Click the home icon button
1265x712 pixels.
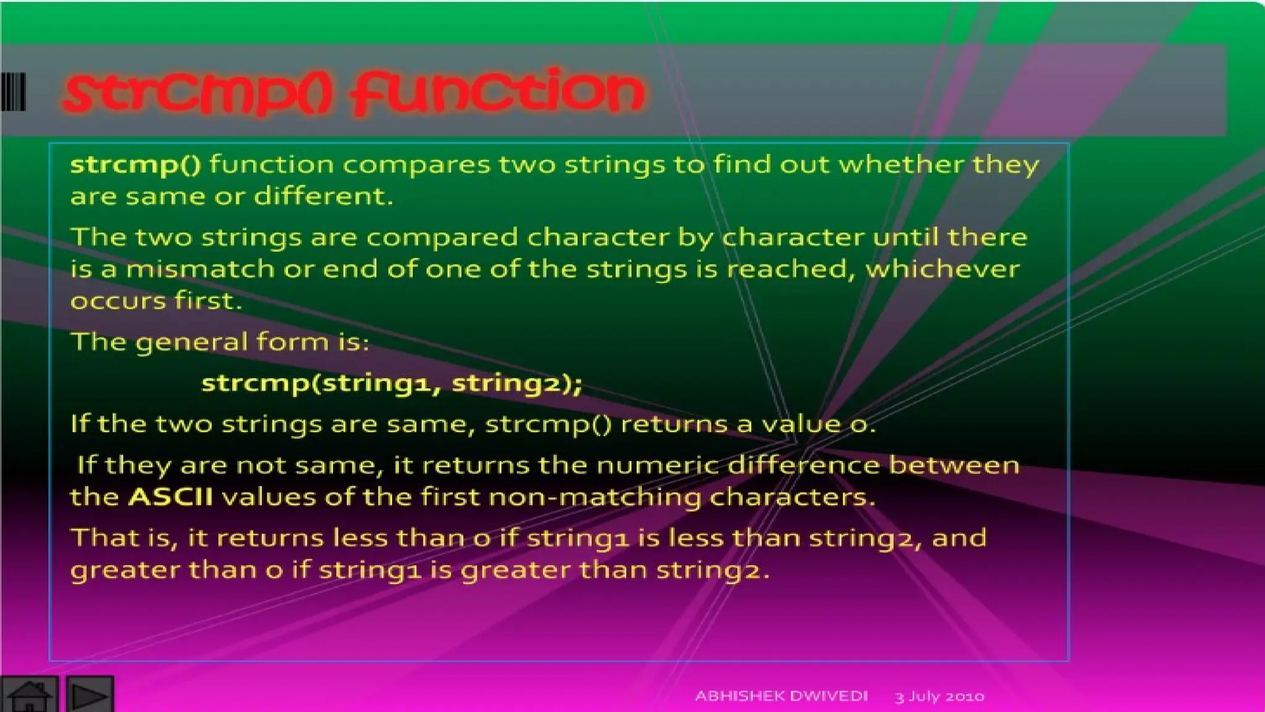pos(29,695)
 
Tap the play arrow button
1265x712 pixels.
pos(89,695)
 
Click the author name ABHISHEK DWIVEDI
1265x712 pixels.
pos(781,696)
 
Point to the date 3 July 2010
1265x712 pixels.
pos(939,697)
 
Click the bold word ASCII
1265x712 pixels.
pos(170,497)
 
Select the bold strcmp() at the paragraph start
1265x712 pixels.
pos(135,165)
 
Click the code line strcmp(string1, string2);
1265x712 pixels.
pos(392,384)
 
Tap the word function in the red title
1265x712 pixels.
pos(497,93)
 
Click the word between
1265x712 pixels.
pos(954,465)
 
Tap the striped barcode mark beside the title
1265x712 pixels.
pos(13,92)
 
